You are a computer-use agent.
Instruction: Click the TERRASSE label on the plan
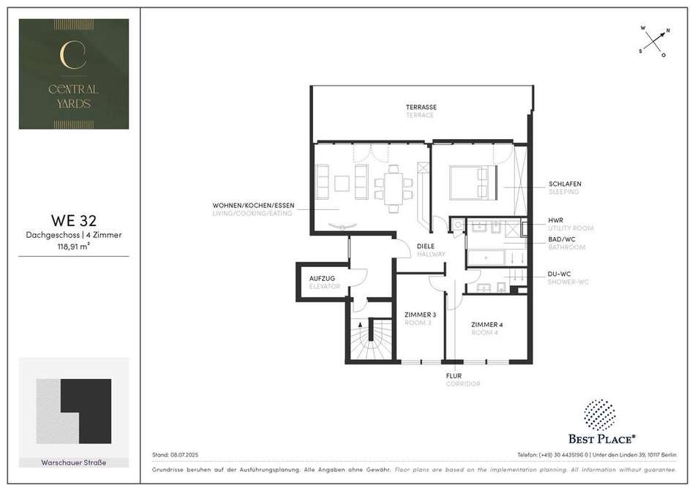(x=421, y=108)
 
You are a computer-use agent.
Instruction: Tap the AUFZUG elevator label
(x=322, y=279)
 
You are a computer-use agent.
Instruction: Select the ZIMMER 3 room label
(x=420, y=315)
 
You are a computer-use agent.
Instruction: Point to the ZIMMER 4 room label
(x=487, y=324)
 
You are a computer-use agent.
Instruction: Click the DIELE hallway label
(x=426, y=247)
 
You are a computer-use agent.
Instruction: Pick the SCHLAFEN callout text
(x=565, y=184)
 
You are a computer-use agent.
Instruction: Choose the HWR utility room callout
(x=556, y=220)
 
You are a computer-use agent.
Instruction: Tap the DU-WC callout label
(x=558, y=274)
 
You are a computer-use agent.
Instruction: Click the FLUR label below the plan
(x=454, y=376)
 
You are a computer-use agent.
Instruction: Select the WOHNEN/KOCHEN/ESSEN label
(x=253, y=206)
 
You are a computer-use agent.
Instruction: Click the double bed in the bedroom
(x=473, y=183)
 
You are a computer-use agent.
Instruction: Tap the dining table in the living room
(x=394, y=188)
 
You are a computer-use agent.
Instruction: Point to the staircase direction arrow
(x=361, y=326)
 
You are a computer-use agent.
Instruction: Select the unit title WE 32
(x=74, y=220)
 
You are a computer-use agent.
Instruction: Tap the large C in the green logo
(x=72, y=55)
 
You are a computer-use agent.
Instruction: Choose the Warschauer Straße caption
(x=74, y=462)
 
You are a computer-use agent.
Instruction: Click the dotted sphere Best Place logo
(x=599, y=414)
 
